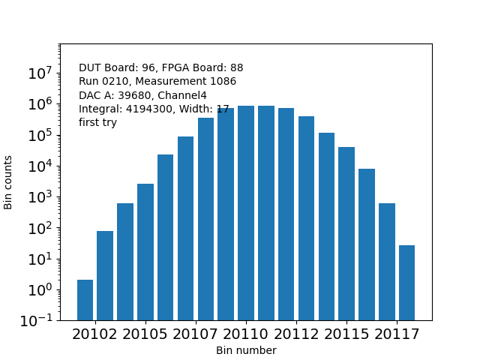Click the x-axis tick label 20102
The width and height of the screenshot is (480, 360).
point(94,334)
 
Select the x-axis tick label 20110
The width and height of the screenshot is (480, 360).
point(245,334)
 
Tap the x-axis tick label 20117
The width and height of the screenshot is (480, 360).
point(397,334)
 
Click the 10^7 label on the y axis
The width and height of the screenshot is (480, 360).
point(40,73)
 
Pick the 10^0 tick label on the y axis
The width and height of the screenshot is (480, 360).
point(40,289)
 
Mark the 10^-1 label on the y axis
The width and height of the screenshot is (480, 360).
point(37,320)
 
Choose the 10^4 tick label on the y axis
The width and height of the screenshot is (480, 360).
point(40,166)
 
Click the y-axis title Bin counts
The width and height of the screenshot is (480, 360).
point(9,182)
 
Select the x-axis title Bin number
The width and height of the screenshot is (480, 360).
point(246,350)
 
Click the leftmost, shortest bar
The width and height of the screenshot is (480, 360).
point(85,300)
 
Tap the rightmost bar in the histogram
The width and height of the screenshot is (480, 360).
point(406,283)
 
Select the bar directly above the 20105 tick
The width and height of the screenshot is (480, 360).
point(145,252)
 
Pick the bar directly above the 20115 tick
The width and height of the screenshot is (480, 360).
point(346,233)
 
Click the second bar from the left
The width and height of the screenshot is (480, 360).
point(105,275)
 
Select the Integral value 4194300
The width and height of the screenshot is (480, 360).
point(145,109)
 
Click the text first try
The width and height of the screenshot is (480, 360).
point(97,123)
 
